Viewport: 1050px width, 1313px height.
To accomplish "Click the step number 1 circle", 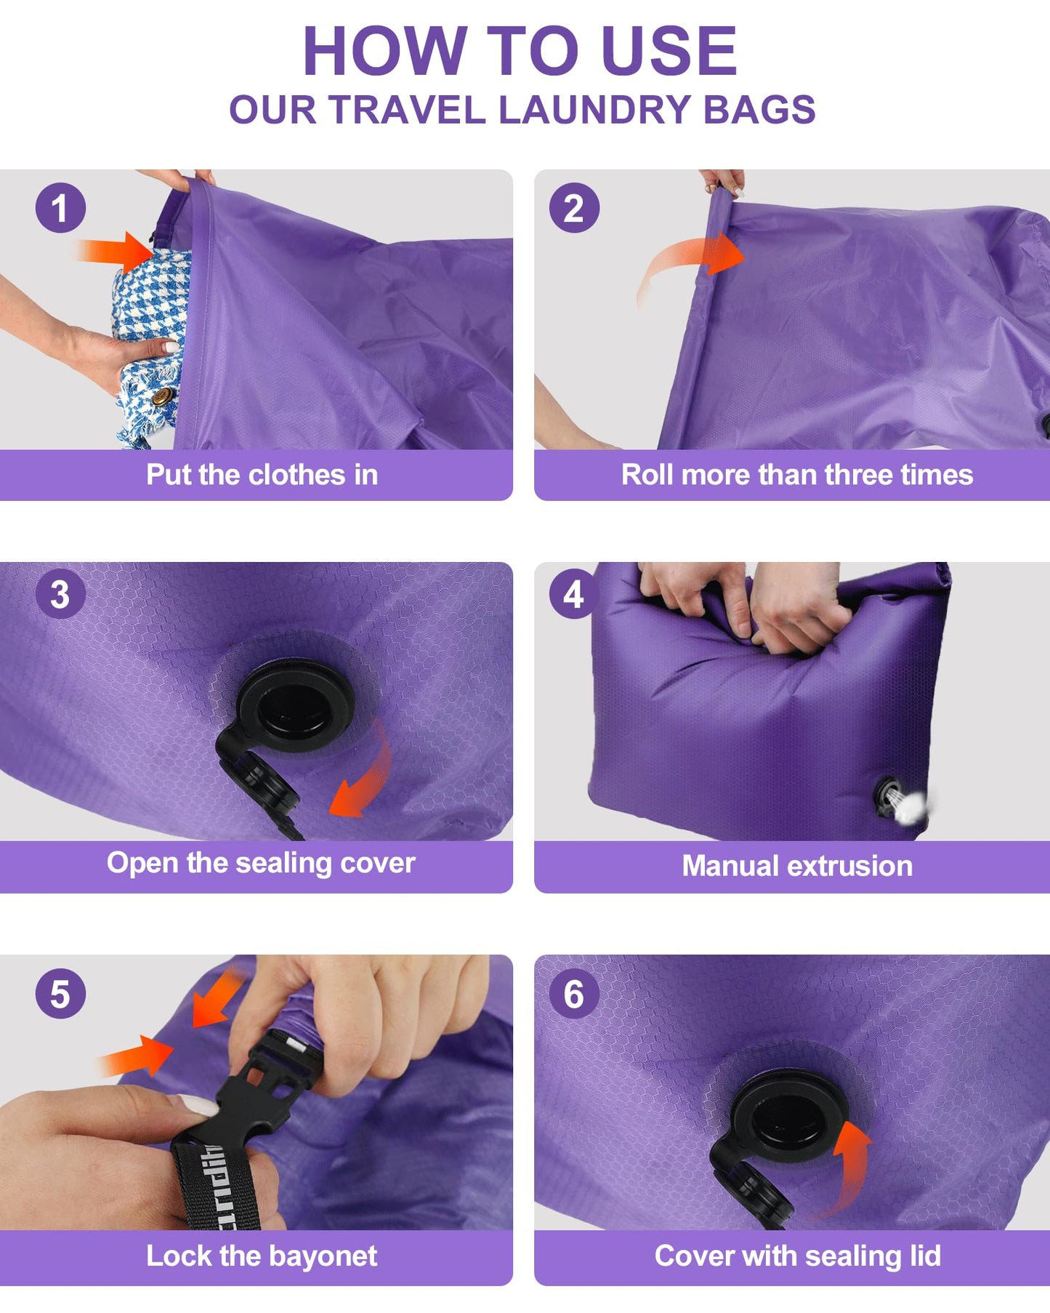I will pos(60,208).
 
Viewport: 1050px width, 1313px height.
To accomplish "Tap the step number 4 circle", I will pos(574,594).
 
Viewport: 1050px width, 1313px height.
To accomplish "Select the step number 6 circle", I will pos(574,994).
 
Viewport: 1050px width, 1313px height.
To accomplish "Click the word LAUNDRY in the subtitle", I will pos(594,110).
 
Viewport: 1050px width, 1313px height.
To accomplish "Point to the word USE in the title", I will pos(669,51).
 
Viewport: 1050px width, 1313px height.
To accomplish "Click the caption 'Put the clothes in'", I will pos(262,475).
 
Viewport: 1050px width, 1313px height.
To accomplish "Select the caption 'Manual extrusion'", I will pos(796,866).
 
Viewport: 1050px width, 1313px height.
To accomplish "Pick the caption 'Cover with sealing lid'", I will pos(797,1256).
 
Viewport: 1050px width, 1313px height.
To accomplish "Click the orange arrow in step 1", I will pos(120,251).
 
